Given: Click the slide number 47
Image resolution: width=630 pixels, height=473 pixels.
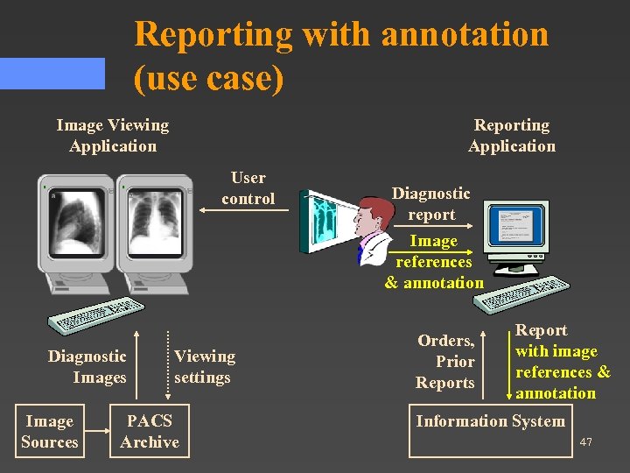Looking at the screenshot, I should tap(585, 442).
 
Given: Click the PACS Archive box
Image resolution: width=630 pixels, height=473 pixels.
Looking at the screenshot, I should tap(150, 431).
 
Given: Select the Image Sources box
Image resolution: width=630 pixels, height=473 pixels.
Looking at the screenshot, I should tap(50, 431).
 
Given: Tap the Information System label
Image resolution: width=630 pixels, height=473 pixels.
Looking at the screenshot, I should tap(490, 421).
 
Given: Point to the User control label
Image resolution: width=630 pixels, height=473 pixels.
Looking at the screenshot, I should tap(248, 188).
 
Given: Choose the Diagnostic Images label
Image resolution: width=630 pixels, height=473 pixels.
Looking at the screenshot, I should tap(87, 367).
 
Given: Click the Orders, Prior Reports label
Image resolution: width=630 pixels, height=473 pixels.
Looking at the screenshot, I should tap(445, 362).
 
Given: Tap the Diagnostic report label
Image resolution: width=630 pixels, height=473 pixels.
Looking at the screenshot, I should tap(430, 203).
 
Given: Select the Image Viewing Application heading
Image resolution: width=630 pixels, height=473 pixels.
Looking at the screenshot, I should tap(112, 136).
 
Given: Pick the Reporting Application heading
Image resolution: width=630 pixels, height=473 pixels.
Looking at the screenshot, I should tap(512, 136).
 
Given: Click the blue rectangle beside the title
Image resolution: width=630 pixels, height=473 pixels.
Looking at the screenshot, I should tap(52, 74).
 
